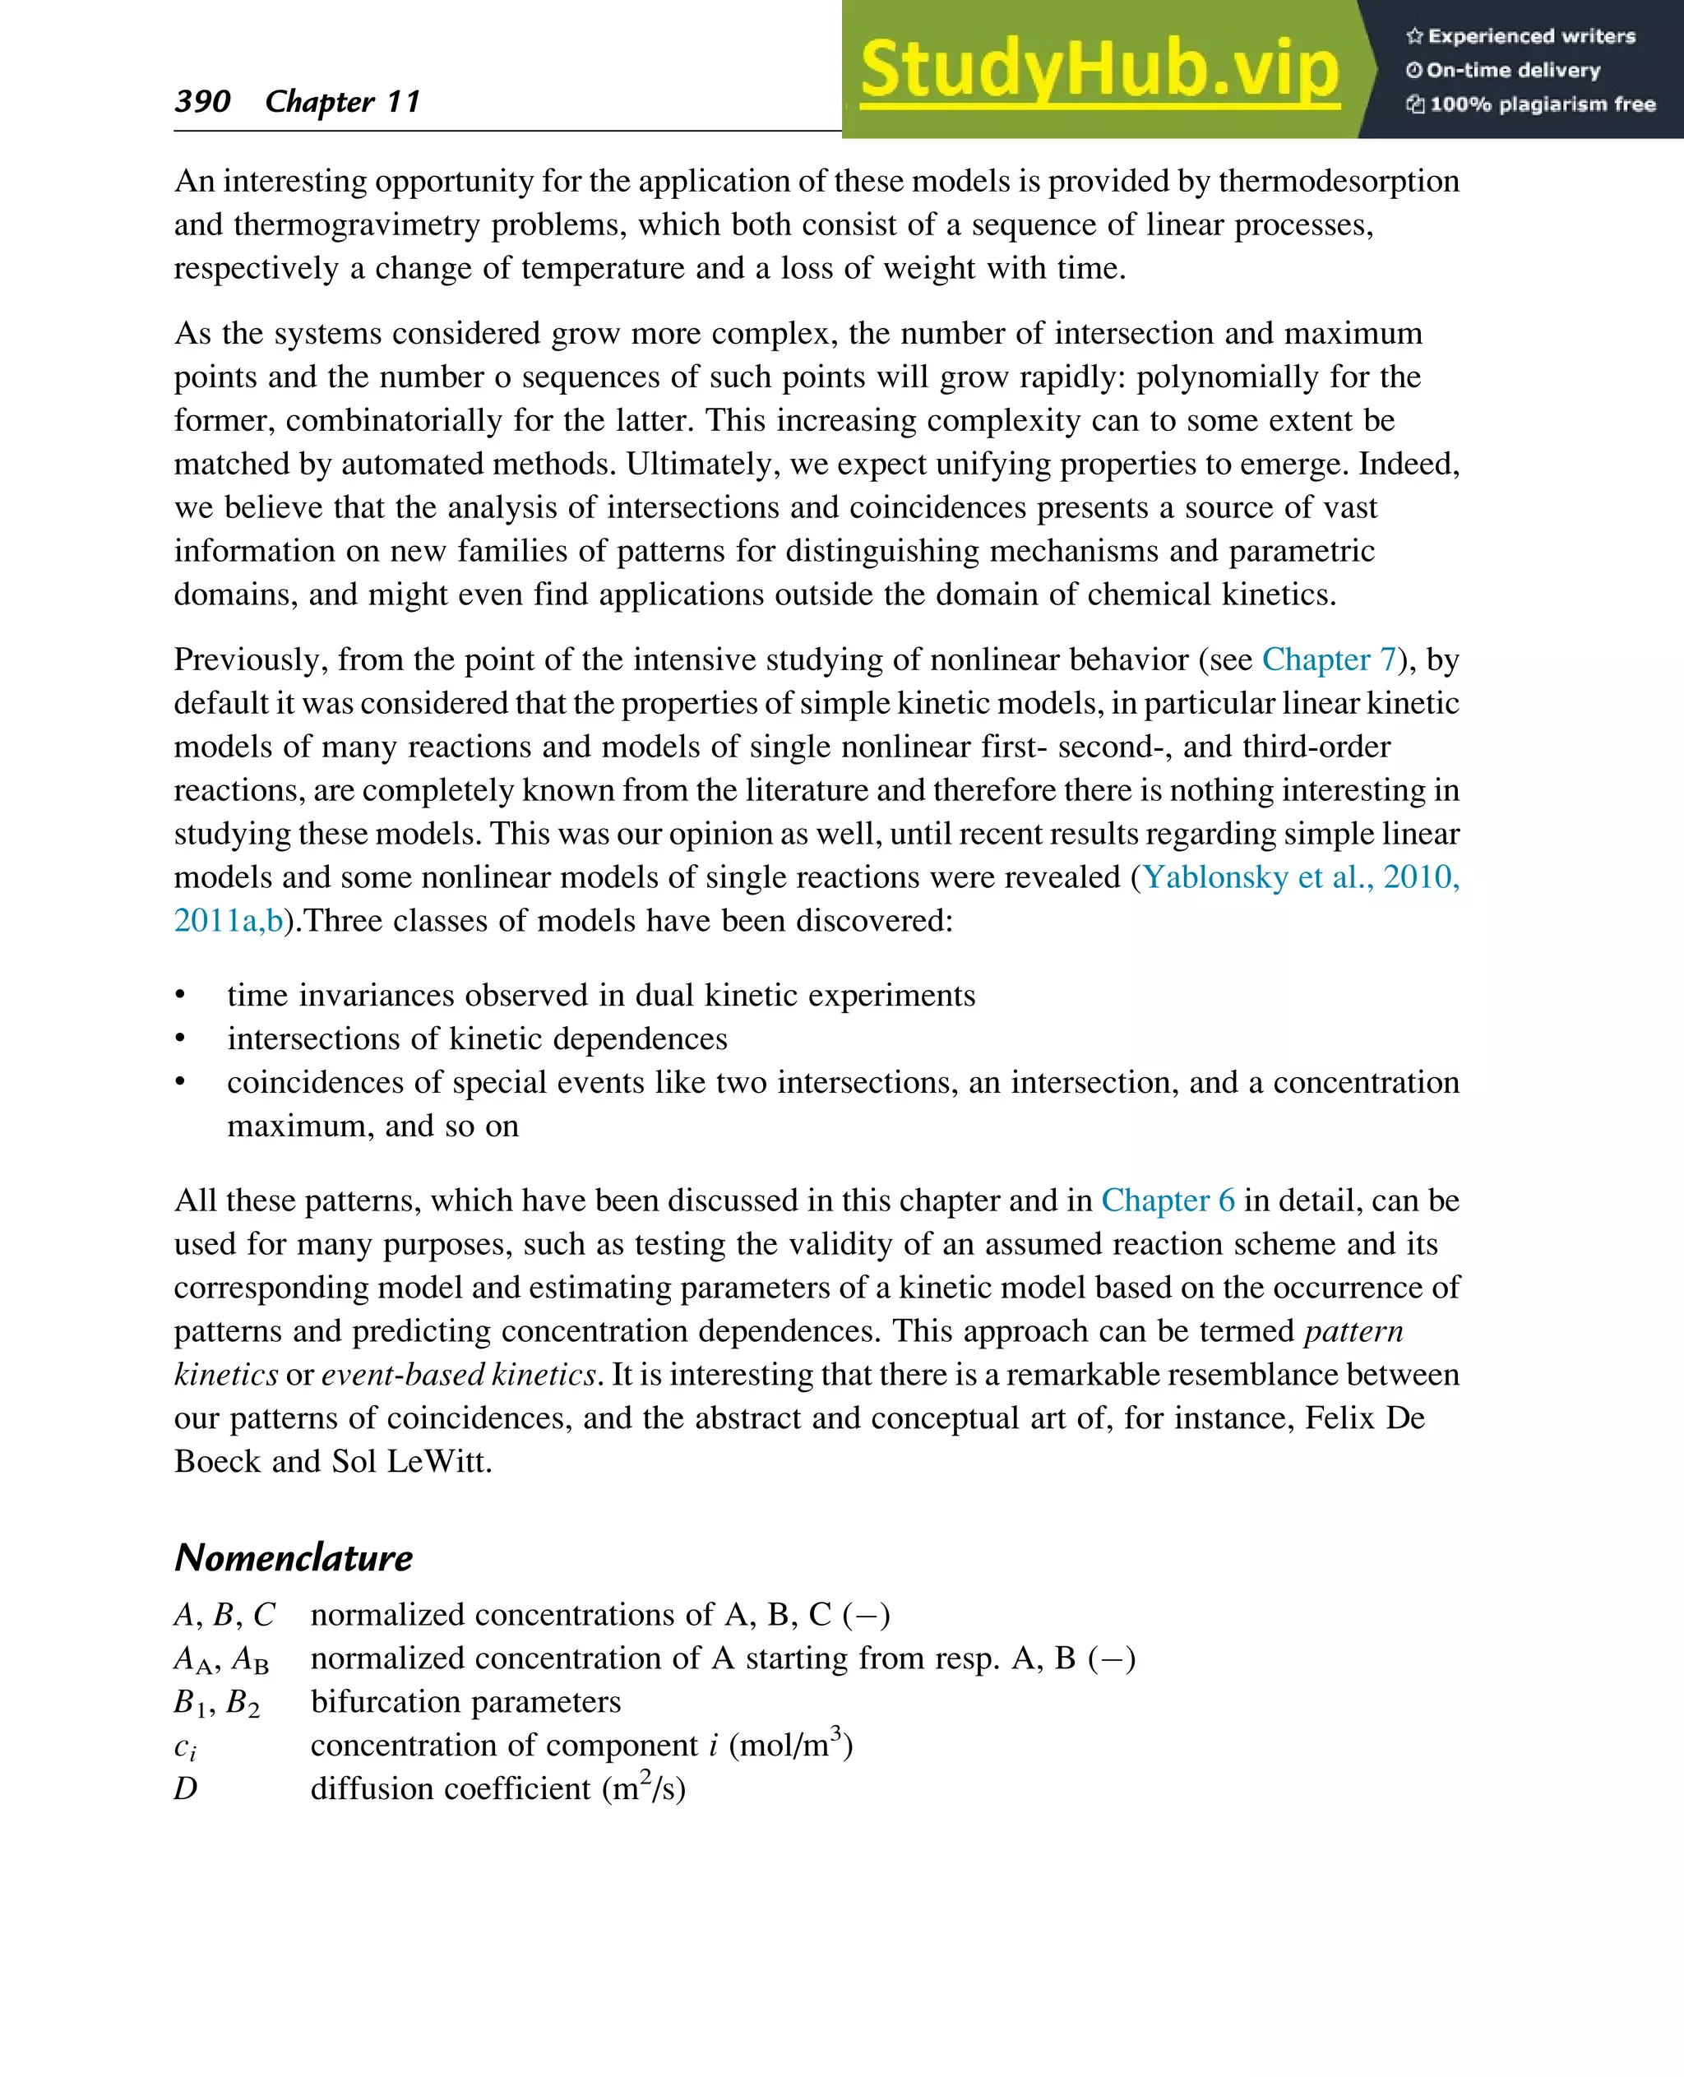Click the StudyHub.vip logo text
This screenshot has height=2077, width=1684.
pos(1099,70)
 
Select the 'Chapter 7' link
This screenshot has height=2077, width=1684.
pos(1328,659)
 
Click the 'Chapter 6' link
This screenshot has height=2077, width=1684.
pos(1168,1200)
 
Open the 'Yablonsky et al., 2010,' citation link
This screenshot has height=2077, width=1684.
pos(1300,877)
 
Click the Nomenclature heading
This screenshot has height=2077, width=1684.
pos(293,1557)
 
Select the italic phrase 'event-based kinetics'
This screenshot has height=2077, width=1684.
pos(458,1375)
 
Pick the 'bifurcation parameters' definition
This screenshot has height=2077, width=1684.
pos(465,1701)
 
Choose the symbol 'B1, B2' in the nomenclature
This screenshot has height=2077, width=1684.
pos(216,1704)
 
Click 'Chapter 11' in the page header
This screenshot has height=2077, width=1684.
pos(342,101)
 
